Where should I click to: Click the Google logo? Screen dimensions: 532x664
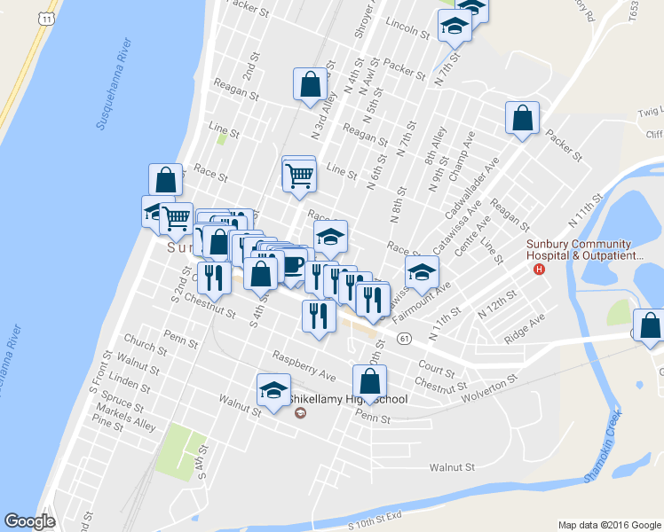tap(29, 521)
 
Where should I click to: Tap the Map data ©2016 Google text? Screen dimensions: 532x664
tap(609, 525)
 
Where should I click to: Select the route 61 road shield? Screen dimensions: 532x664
tap(405, 338)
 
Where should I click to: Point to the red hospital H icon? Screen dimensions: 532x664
tap(538, 270)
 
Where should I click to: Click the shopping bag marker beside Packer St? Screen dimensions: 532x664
tap(522, 119)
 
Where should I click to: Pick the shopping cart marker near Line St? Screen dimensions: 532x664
tap(299, 175)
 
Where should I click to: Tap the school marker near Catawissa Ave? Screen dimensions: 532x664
tap(423, 272)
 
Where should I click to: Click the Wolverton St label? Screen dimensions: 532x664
tap(488, 382)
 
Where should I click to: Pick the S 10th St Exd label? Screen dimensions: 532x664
tap(375, 514)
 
